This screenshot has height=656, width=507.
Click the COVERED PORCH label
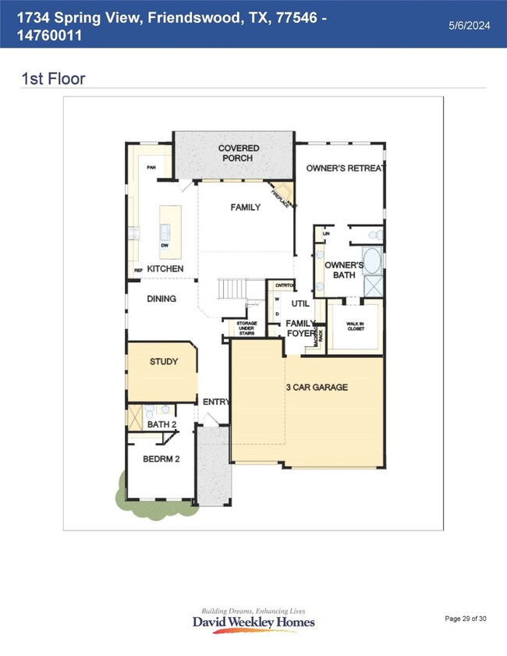tap(239, 153)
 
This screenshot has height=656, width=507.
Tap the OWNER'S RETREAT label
tap(346, 168)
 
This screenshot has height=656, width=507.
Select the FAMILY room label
tap(245, 207)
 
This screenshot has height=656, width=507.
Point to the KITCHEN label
tap(165, 269)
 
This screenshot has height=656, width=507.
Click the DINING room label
tap(161, 299)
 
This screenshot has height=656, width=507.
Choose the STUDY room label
tap(164, 362)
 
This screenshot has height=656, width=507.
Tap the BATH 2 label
tap(163, 424)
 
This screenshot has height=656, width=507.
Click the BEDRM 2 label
tap(161, 459)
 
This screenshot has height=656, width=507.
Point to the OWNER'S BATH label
tap(340, 270)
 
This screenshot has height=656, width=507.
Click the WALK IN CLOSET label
tap(356, 326)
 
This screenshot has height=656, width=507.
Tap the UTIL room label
tap(300, 303)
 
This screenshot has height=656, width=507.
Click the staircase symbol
tap(231, 290)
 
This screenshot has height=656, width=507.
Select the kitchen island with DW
tap(165, 232)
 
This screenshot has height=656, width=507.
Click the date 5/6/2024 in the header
tap(469, 26)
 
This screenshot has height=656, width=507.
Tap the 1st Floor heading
tap(54, 79)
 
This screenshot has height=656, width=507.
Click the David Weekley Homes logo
tap(253, 620)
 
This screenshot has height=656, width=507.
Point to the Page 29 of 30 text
tap(466, 619)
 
